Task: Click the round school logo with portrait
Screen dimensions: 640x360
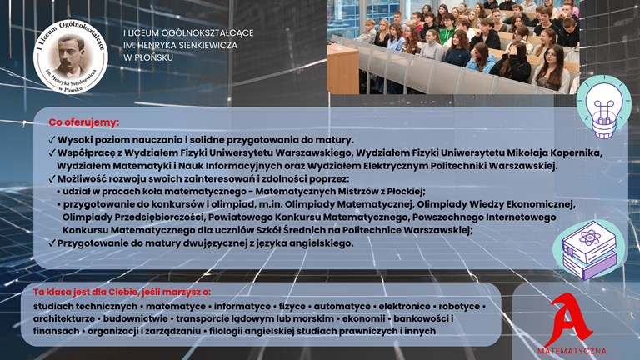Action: pos(71,57)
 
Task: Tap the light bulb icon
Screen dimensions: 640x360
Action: pos(603,107)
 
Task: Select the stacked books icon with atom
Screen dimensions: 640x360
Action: pos(589,250)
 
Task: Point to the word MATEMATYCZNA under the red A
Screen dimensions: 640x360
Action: pos(572,351)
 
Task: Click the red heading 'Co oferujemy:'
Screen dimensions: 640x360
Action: pos(84,122)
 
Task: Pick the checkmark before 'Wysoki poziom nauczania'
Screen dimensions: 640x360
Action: pos(52,140)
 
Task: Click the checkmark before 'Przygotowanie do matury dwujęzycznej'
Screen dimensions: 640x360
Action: pos(52,243)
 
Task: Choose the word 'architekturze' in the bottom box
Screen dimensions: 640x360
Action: pos(64,318)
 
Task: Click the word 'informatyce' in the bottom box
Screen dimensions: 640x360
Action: pos(242,306)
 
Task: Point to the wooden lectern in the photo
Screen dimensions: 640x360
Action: pos(342,69)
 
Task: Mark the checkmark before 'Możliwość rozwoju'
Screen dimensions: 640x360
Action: pos(52,179)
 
